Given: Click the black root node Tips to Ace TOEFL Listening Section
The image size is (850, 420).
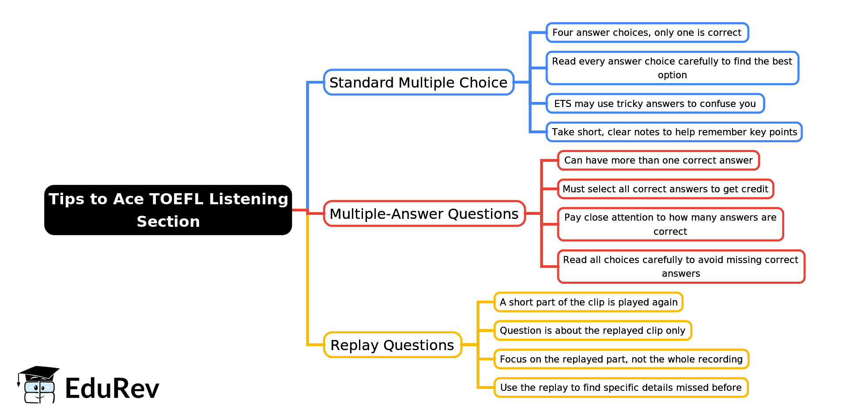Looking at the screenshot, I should (x=168, y=210).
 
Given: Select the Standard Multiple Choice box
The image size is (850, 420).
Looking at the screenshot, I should (x=418, y=82).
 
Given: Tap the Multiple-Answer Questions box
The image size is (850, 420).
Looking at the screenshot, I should (x=424, y=214).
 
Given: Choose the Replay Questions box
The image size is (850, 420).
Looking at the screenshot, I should (x=392, y=345).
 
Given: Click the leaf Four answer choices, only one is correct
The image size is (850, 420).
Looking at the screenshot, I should (x=647, y=33).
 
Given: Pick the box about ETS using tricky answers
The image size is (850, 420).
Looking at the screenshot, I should (x=655, y=103).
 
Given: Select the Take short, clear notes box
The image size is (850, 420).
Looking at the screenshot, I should (x=674, y=132).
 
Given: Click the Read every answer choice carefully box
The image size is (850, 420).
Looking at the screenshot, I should (x=672, y=68).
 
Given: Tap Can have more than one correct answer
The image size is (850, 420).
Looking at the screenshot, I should (x=658, y=160).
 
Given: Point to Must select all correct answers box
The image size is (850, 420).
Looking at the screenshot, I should (x=665, y=189).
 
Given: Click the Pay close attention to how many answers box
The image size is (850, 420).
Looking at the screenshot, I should (x=670, y=224).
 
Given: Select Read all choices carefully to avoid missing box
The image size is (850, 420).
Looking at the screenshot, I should (x=680, y=267).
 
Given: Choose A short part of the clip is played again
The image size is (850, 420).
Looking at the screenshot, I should (x=588, y=302).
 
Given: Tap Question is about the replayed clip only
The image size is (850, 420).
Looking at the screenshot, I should (x=592, y=331).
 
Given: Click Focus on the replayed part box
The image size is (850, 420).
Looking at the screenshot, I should (x=621, y=359).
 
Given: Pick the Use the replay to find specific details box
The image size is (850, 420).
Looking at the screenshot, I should (x=620, y=388).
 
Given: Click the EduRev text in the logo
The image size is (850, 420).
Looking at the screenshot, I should (x=112, y=389).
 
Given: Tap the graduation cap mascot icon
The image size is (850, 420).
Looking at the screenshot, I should (x=38, y=384).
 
